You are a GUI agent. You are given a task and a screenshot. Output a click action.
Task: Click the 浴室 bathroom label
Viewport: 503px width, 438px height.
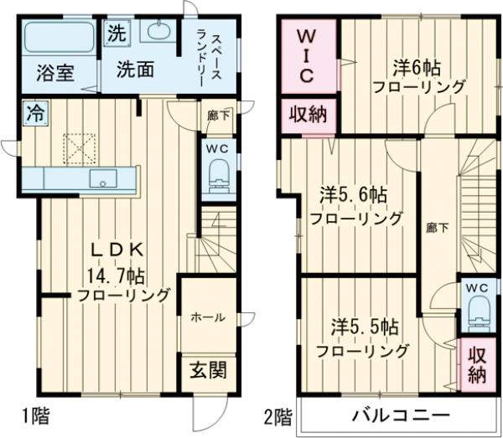(x=54, y=73)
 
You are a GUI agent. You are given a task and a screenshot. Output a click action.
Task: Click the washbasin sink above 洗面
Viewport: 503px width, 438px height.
(x=155, y=33)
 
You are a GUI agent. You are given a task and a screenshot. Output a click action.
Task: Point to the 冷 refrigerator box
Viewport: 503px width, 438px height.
(x=34, y=111)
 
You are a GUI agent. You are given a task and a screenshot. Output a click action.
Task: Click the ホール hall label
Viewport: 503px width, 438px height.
(x=207, y=317)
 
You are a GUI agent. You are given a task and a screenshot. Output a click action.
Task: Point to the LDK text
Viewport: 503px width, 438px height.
(x=119, y=250)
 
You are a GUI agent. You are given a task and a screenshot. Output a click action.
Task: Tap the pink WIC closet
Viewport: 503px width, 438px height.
(x=307, y=57)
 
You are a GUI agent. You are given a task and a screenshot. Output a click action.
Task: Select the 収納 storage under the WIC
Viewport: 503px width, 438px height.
(x=308, y=114)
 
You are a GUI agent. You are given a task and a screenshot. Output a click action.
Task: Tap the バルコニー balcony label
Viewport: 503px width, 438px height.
(x=400, y=415)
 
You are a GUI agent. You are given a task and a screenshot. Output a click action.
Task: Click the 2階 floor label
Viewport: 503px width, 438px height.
(x=278, y=415)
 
